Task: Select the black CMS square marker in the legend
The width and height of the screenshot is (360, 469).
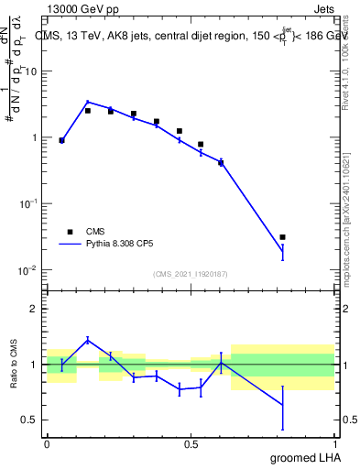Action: (x=70, y=232)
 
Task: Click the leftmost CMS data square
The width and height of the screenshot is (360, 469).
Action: (x=61, y=140)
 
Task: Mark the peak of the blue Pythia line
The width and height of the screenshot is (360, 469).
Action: (x=87, y=102)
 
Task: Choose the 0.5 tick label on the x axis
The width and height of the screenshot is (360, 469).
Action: (x=191, y=443)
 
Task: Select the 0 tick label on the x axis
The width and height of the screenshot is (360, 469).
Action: (x=47, y=443)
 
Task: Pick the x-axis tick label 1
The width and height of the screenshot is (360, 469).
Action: (x=334, y=443)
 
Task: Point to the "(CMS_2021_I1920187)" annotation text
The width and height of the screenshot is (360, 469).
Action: (x=191, y=274)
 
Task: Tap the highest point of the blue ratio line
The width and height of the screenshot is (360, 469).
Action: (x=87, y=340)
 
